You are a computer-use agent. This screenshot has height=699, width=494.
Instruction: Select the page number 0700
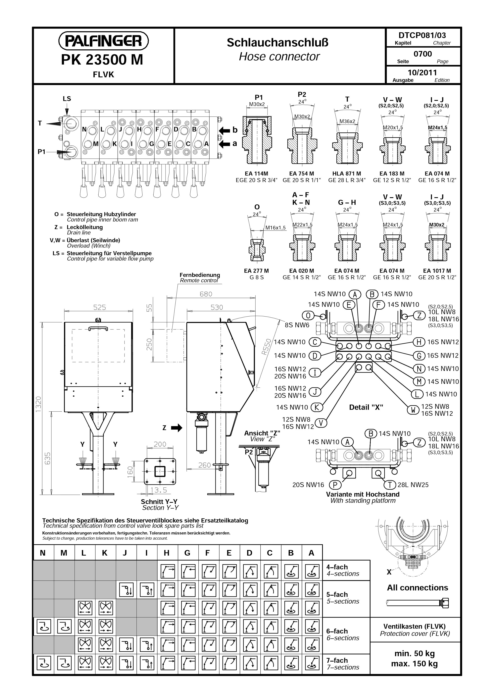coord(423,54)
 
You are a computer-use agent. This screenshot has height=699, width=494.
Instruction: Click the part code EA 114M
coord(256,174)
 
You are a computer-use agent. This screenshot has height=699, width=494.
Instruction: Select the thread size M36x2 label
coord(347,121)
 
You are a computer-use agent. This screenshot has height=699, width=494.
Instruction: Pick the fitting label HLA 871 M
coord(347,174)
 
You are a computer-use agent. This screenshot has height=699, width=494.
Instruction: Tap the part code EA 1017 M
coord(437,271)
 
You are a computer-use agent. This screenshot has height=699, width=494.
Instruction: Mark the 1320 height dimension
coord(38,404)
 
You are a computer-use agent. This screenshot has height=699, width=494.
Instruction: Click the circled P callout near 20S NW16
coord(335,485)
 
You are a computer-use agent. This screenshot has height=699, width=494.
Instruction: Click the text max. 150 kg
coord(414,664)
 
